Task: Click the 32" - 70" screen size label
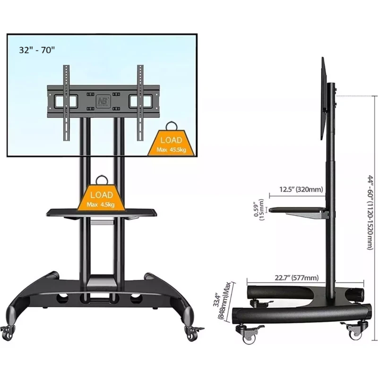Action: click(37, 50)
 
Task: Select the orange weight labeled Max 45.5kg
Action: click(171, 143)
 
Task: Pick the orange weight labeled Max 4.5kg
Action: click(101, 198)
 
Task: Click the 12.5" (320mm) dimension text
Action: click(301, 189)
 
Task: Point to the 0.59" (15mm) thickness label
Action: click(259, 210)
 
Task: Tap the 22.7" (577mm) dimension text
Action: click(297, 278)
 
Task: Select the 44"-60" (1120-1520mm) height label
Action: click(370, 213)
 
